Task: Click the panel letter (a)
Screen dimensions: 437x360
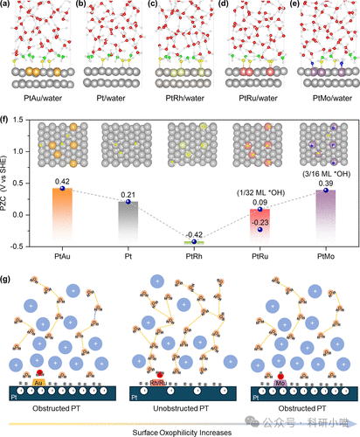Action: click(7, 5)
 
